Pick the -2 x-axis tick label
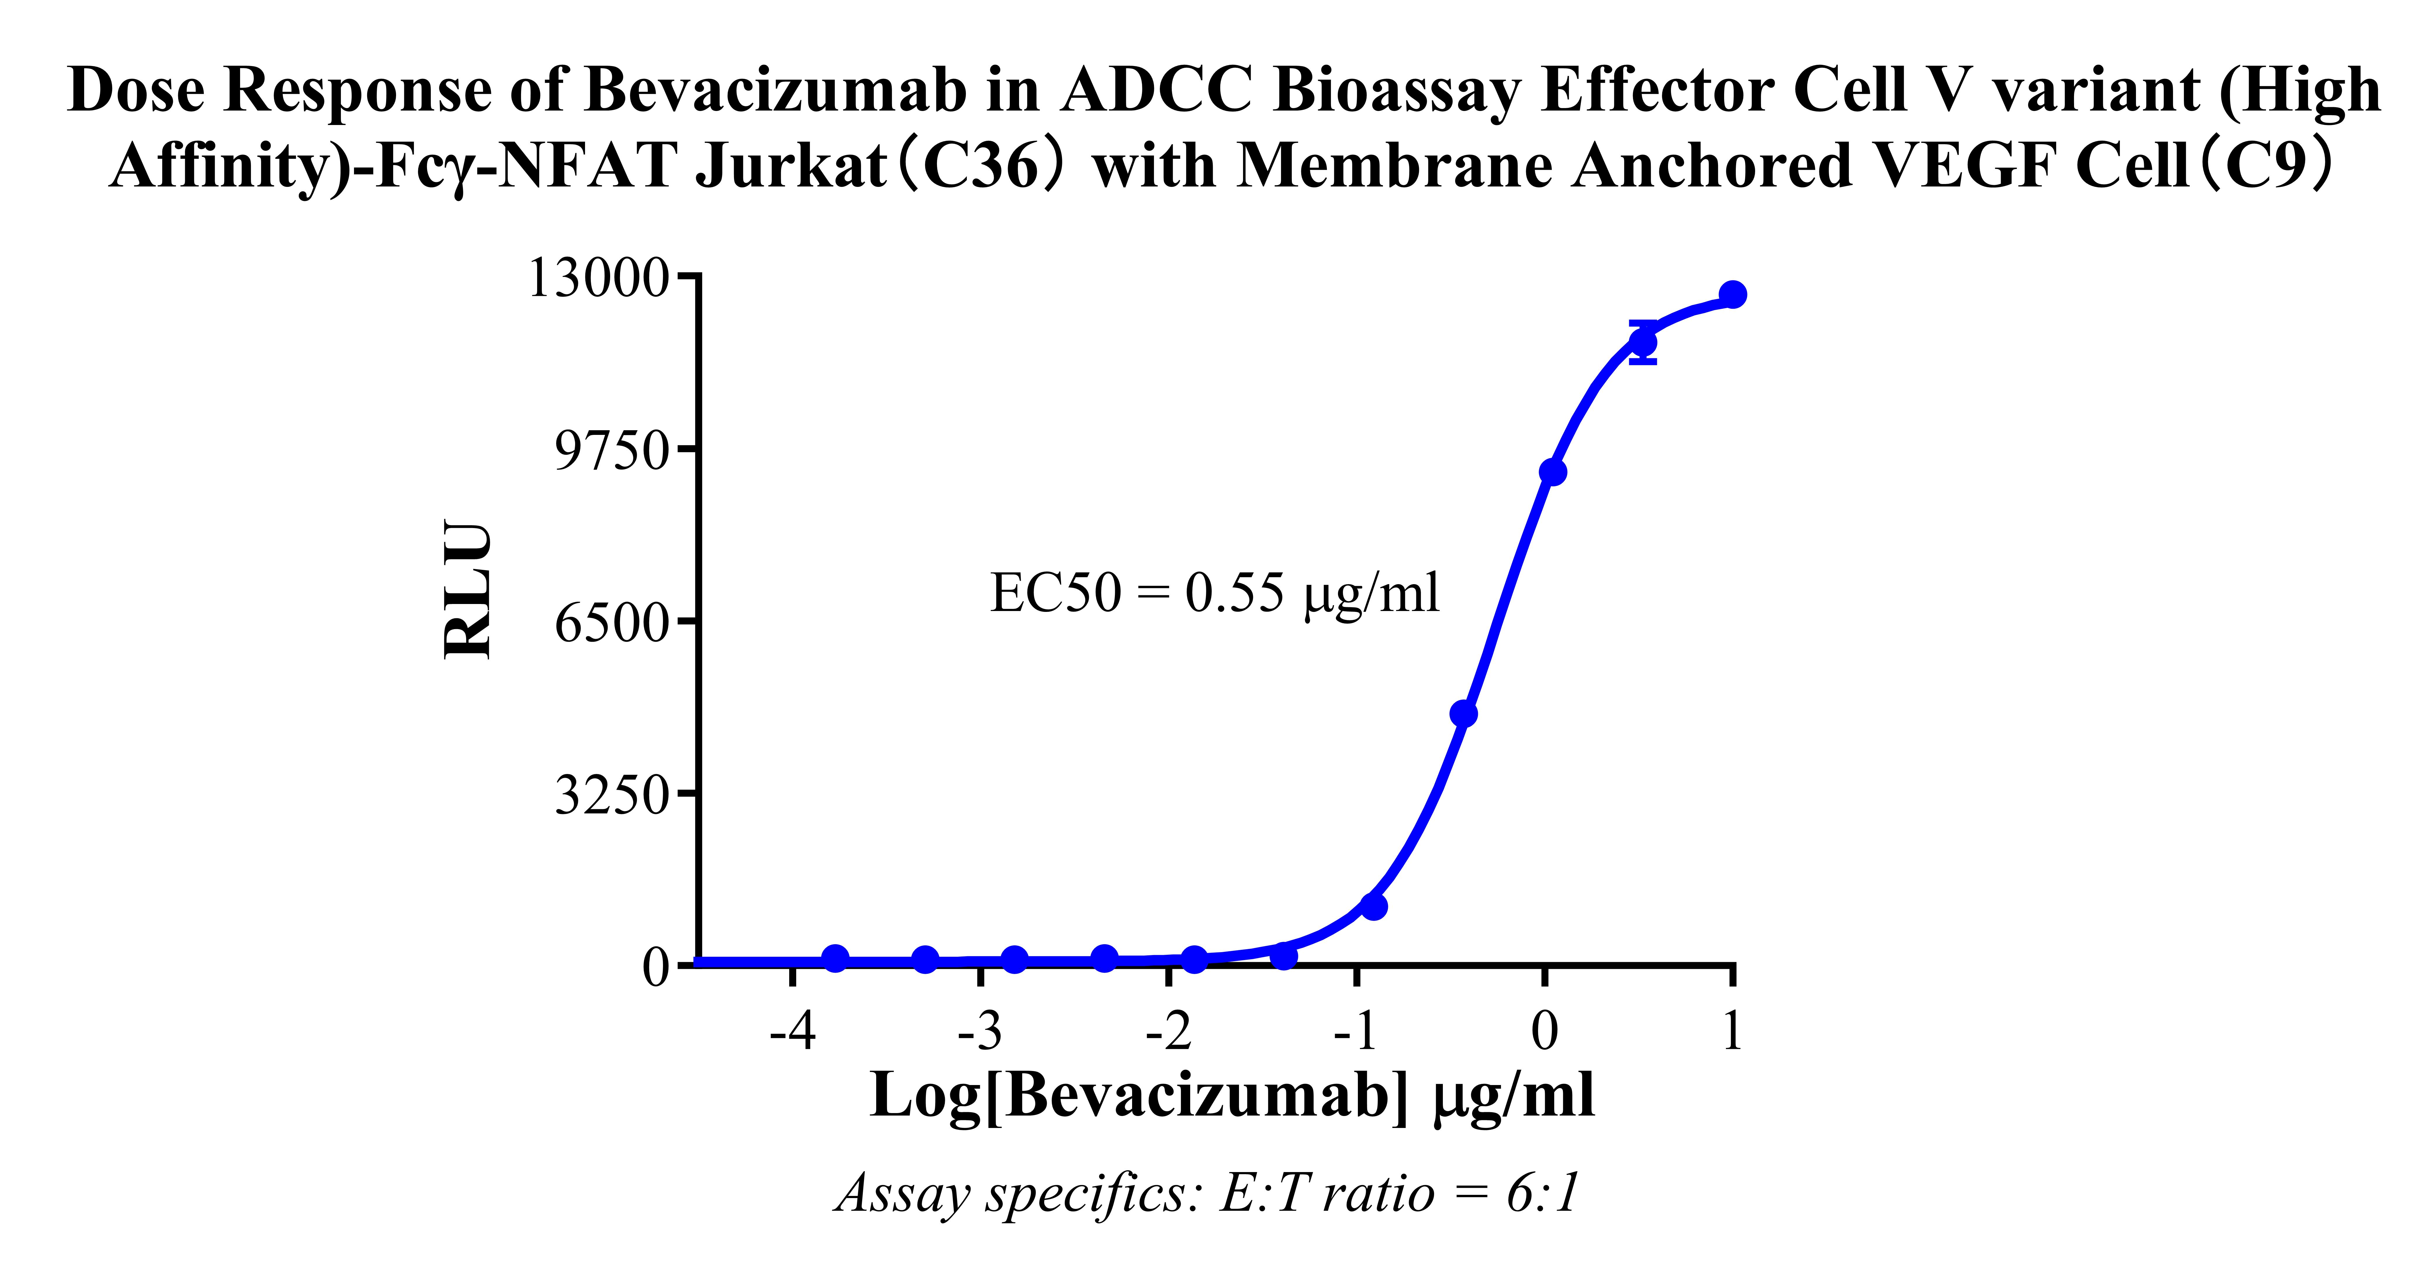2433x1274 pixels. pos(1168,1031)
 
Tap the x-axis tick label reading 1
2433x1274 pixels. pos(1731,1031)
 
